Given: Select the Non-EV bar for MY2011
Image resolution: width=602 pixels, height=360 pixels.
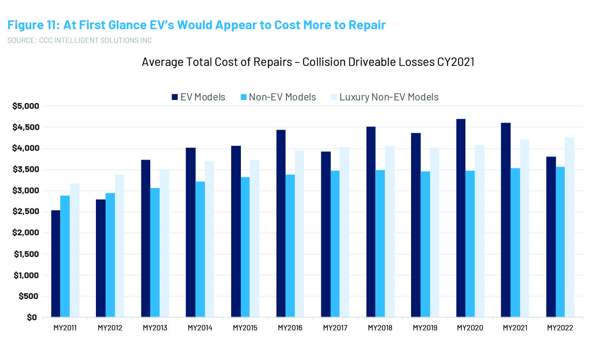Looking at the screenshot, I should pyautogui.click(x=65, y=257).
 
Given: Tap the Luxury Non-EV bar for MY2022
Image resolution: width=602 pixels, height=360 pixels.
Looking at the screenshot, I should pyautogui.click(x=570, y=227).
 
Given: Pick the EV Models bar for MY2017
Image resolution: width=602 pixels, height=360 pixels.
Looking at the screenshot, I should pyautogui.click(x=326, y=234).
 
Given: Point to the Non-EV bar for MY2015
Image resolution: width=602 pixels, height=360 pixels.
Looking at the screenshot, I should pyautogui.click(x=245, y=247).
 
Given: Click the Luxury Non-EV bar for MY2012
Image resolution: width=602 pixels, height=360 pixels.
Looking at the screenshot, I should pyautogui.click(x=119, y=246).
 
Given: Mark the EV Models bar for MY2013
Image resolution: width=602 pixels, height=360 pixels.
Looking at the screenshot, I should pyautogui.click(x=146, y=238).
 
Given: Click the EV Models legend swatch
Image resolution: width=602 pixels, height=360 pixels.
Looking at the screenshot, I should pyautogui.click(x=175, y=97).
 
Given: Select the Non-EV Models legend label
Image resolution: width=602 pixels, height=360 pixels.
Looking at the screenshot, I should pyautogui.click(x=282, y=97).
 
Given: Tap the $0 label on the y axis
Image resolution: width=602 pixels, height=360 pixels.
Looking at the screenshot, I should pyautogui.click(x=31, y=317).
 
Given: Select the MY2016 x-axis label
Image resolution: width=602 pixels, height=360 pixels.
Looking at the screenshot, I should pyautogui.click(x=290, y=328).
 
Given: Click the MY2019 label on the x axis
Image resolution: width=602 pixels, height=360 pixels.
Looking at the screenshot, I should pyautogui.click(x=425, y=328).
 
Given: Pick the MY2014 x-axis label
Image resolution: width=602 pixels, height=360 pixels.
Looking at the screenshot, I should pyautogui.click(x=200, y=328).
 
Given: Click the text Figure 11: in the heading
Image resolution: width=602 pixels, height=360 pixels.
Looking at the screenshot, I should pyautogui.click(x=33, y=25).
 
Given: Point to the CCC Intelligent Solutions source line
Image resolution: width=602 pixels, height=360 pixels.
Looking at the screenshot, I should pyautogui.click(x=80, y=41).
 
